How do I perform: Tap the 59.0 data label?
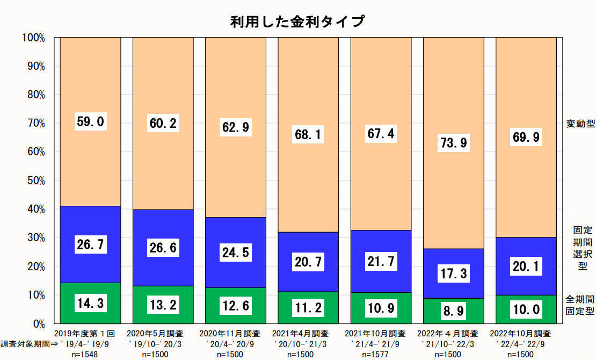[x=90, y=121]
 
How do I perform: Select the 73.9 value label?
[x=453, y=142]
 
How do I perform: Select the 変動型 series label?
[x=580, y=124]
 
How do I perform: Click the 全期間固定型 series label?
[x=580, y=305]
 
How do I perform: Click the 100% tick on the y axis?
[x=34, y=38]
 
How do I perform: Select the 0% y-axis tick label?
[x=38, y=323]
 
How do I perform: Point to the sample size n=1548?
[x=90, y=354]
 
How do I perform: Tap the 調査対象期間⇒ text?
[x=25, y=344]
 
